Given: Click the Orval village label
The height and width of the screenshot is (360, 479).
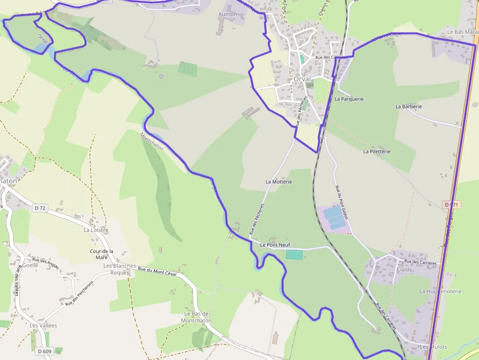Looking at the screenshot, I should (302, 79).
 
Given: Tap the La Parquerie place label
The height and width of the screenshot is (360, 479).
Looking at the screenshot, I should (349, 99).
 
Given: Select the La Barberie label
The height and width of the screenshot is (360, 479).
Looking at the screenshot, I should (409, 106).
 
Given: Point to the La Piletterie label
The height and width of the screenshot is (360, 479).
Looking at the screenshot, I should (377, 151).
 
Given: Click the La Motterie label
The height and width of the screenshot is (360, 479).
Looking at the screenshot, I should (279, 182).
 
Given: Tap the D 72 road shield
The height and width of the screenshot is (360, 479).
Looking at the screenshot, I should (40, 208).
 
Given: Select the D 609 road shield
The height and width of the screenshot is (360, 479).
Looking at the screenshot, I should (44, 351).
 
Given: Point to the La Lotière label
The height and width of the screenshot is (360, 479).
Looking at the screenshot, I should (96, 230).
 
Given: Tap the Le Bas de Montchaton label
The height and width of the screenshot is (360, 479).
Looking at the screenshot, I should (196, 317).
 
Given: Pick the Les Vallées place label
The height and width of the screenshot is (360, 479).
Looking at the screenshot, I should (44, 325).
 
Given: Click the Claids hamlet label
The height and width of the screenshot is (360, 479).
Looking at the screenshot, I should (405, 270).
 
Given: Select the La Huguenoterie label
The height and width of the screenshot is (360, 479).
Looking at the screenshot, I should (440, 291).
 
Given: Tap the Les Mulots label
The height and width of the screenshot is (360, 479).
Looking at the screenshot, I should (434, 347).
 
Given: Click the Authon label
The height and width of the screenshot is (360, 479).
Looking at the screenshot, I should (228, 15).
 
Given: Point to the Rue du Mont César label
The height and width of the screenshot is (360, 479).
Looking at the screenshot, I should (157, 272).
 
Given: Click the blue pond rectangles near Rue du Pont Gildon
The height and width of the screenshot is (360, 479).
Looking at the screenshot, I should (334, 216).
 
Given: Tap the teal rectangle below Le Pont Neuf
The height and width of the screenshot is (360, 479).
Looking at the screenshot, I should (294, 254).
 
